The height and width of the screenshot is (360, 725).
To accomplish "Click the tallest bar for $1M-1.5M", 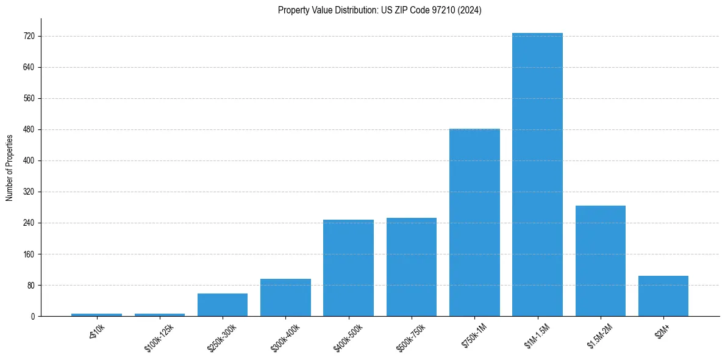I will click(x=537, y=175).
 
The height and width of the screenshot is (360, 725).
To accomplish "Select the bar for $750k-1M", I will click(x=474, y=223).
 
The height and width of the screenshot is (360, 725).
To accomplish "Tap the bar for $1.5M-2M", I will click(x=600, y=261).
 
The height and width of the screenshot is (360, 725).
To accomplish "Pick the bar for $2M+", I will click(x=663, y=296).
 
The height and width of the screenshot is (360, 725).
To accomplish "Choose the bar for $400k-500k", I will click(x=348, y=268).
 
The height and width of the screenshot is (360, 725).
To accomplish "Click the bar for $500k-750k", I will click(x=411, y=267).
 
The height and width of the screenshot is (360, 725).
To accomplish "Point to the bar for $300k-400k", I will click(x=285, y=298).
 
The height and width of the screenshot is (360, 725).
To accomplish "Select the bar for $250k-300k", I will click(x=223, y=305).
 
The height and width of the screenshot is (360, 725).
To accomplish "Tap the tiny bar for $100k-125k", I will click(x=160, y=315).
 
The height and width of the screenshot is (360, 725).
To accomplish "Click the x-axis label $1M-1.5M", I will click(x=534, y=336).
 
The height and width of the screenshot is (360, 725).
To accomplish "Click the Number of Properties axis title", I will click(x=10, y=168).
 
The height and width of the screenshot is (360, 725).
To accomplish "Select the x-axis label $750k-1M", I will click(x=472, y=335).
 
